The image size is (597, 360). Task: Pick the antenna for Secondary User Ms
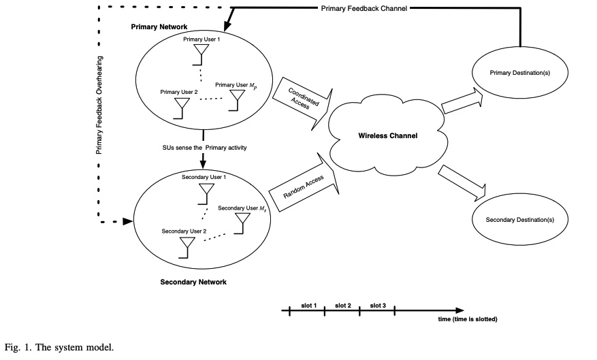(242, 223)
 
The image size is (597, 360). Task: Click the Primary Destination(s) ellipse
(519, 73)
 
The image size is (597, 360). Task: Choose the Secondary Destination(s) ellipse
(519, 220)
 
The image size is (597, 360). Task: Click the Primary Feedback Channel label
(364, 8)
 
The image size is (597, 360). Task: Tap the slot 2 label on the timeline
(342, 306)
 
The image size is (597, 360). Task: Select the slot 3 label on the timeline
(378, 306)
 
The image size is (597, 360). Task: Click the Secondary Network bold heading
(193, 282)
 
